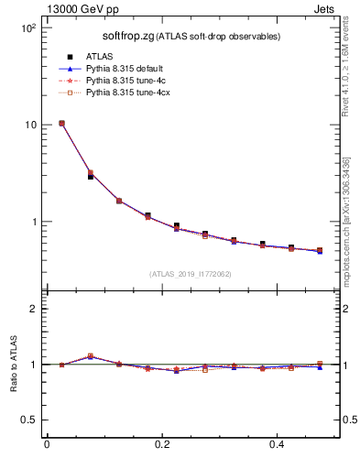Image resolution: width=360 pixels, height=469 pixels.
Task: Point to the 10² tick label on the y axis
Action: (x=27, y=27)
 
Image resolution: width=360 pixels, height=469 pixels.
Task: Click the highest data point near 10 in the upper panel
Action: (x=61, y=123)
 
